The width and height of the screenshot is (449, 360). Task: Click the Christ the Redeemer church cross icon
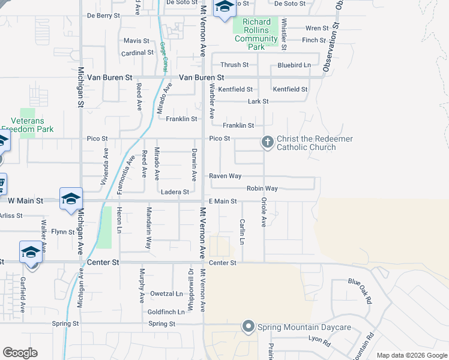point(267,142)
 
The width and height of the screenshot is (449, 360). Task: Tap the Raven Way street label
point(225,176)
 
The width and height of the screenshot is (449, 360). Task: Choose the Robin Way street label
point(262,188)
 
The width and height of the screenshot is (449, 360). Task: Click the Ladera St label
point(175,192)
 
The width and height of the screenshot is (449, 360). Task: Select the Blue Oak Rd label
point(360,291)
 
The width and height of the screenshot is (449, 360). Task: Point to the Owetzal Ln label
point(166,293)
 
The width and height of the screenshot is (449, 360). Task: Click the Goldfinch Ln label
point(166,312)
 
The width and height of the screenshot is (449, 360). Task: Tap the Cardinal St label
point(137,53)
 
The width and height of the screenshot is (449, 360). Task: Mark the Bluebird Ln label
point(294,65)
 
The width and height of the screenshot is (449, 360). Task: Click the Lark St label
point(258,101)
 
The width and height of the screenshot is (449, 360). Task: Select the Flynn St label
point(62,232)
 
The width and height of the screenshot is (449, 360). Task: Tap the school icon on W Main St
point(71,199)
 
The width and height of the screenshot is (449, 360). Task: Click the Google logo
point(20,353)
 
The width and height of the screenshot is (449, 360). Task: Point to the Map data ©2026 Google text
point(411,355)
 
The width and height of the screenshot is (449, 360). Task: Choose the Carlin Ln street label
point(243,232)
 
